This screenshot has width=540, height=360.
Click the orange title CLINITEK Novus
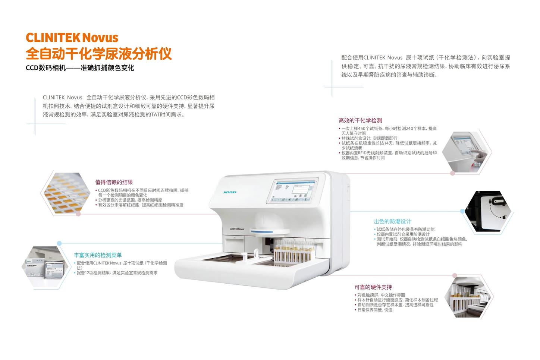point(72,38)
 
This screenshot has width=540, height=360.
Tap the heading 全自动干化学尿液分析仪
point(98,54)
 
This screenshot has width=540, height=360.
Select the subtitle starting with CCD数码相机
point(80,68)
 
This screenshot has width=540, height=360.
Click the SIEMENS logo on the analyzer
point(230,192)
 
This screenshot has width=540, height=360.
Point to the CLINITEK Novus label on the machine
point(237,229)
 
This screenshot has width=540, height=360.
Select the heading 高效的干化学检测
point(360,120)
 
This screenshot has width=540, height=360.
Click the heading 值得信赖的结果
point(114,182)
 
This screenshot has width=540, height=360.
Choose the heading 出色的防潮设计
point(392,221)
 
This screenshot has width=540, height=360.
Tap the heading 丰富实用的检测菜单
point(98,255)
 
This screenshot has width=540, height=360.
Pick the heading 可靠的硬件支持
point(373,287)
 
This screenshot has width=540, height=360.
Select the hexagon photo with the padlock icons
point(489,211)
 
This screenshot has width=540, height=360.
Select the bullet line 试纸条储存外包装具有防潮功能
point(405,229)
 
